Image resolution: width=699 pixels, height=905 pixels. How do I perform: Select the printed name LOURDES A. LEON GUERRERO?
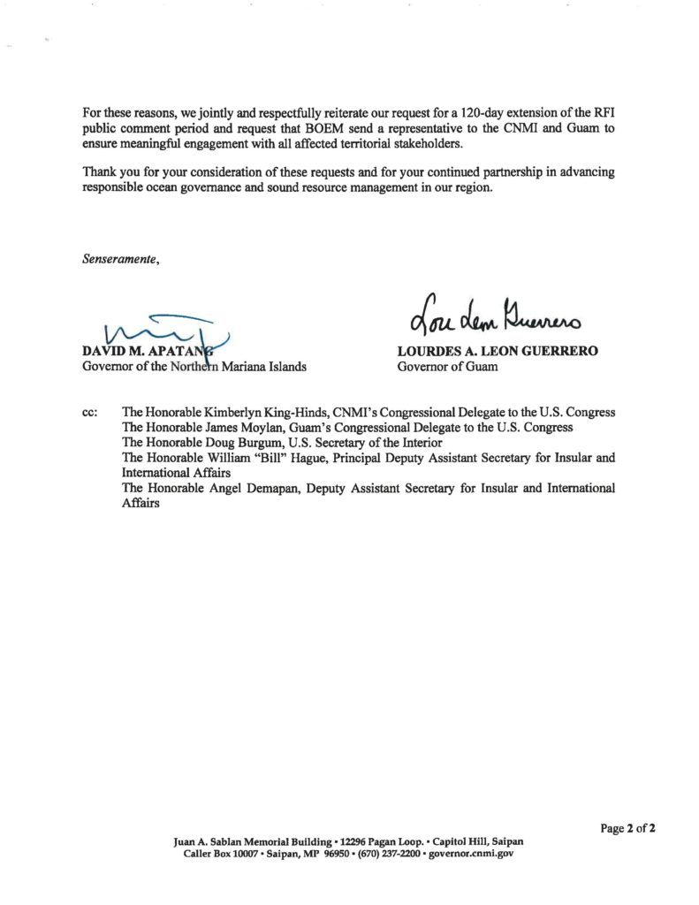(x=498, y=352)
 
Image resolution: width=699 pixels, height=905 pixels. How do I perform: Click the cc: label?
(x=90, y=413)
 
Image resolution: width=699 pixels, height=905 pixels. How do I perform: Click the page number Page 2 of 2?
(x=627, y=828)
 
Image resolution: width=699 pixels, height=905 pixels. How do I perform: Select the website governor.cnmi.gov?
(x=471, y=854)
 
